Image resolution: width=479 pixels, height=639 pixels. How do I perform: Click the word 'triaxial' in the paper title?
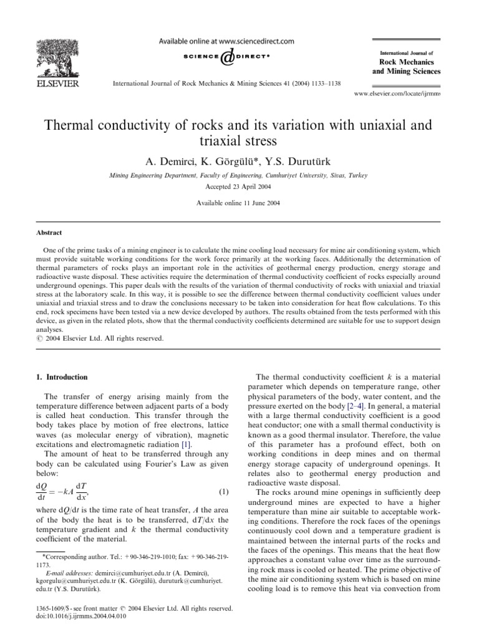[x=239, y=142]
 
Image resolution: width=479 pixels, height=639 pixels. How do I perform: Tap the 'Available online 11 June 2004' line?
[x=239, y=203]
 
